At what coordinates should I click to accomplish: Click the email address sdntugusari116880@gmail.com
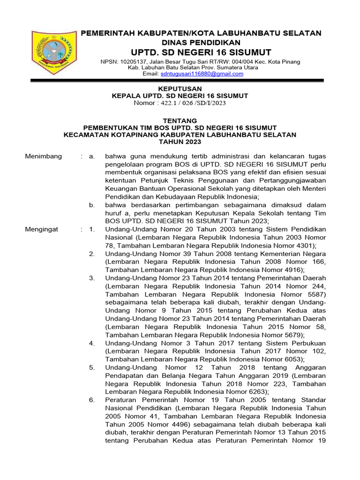pos(202,74)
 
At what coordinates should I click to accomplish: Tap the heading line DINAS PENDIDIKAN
pos(201,42)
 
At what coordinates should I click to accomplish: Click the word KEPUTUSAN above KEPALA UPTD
pos(180,89)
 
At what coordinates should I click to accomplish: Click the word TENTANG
pos(180,120)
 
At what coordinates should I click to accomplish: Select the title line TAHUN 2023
pos(180,142)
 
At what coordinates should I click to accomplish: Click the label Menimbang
pos(43,156)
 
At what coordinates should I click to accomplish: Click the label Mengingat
pos(43,229)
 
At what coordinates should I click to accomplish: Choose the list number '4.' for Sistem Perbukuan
pos(92,344)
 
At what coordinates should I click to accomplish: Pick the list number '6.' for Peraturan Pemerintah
pos(92,400)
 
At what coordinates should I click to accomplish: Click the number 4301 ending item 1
pos(305,246)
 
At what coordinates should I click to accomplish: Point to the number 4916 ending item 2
pos(292,270)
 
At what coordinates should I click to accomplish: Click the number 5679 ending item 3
pos(292,335)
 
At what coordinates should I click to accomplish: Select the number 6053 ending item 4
pos(292,360)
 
